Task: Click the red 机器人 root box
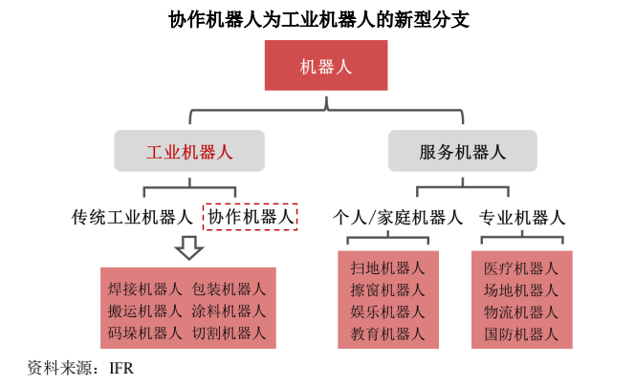[x=326, y=66]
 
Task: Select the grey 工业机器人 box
[x=188, y=151]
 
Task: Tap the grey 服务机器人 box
[x=462, y=151]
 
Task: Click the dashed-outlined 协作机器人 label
[x=251, y=216]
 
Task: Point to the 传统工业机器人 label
[x=132, y=216]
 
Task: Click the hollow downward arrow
[x=188, y=247]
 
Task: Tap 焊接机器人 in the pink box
[x=144, y=289]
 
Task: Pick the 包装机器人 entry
[x=229, y=289]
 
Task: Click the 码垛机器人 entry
[x=144, y=332]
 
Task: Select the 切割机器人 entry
[x=229, y=332]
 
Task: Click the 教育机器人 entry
[x=387, y=333]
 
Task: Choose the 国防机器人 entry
[x=521, y=333]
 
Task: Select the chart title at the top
[x=318, y=18]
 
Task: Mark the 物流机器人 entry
[x=521, y=311]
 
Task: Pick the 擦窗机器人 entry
[x=387, y=289]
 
